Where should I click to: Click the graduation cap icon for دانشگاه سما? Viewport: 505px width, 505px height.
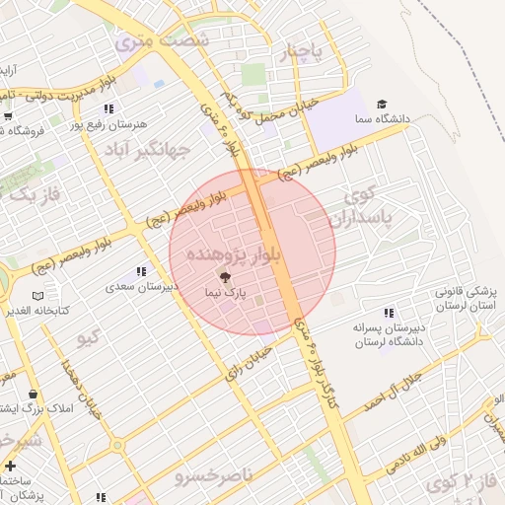tap(382, 105)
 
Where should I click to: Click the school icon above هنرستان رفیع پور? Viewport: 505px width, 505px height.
tap(108, 108)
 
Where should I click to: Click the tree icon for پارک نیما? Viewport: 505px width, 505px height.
tap(225, 278)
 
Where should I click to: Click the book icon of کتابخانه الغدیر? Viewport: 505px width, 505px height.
tap(37, 296)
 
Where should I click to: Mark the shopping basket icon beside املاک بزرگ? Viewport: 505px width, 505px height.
tap(33, 395)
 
